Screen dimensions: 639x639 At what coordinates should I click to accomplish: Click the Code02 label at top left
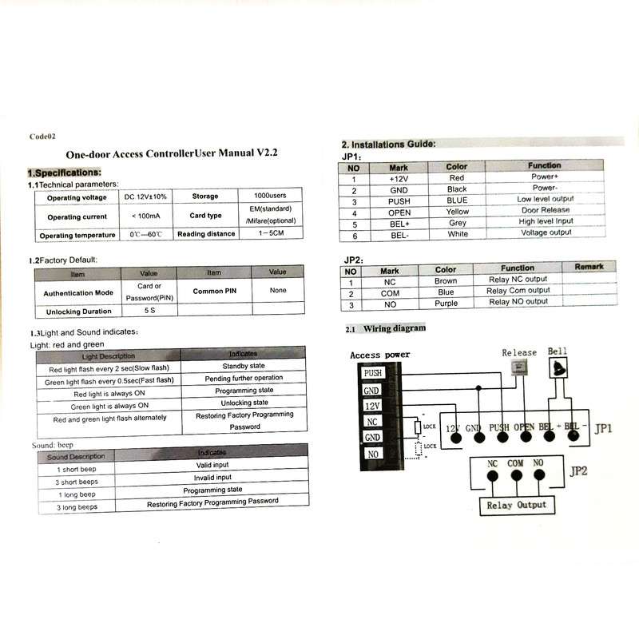(x=42, y=137)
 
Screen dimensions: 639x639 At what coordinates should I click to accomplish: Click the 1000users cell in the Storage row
(x=272, y=196)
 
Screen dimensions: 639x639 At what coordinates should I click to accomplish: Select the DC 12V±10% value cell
(x=145, y=196)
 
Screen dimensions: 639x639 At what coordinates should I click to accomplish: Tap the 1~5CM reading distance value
(x=272, y=233)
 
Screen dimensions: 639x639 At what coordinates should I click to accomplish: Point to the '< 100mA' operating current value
(x=145, y=216)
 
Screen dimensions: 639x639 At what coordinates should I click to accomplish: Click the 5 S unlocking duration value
(x=149, y=310)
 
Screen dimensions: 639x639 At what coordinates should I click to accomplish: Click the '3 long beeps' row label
(x=77, y=506)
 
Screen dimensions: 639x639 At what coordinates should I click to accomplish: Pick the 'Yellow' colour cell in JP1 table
(x=458, y=212)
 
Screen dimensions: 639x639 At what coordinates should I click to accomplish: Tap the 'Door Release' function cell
(x=546, y=210)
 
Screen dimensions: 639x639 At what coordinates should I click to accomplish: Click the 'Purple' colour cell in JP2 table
(x=447, y=303)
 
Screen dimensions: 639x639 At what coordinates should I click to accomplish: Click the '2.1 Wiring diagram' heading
(x=386, y=328)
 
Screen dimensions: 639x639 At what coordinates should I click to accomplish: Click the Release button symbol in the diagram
(x=518, y=367)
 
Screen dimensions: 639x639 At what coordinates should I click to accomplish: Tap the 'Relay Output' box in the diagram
(x=517, y=504)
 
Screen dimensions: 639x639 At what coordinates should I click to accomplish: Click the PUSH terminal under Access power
(x=372, y=373)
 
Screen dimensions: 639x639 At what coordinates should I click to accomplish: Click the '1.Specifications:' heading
(x=64, y=173)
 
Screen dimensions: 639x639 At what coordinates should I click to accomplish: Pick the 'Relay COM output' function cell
(x=518, y=291)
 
